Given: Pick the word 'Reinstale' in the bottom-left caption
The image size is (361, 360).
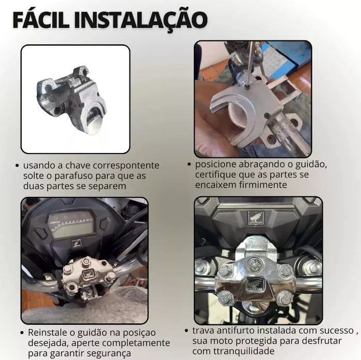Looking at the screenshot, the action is [x=49, y=332].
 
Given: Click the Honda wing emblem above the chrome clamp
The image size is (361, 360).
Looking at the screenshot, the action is [x=256, y=218].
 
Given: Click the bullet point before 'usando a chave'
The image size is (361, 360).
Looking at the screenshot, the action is [x=17, y=165].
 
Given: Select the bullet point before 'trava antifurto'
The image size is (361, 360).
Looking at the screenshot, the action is [x=187, y=331].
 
